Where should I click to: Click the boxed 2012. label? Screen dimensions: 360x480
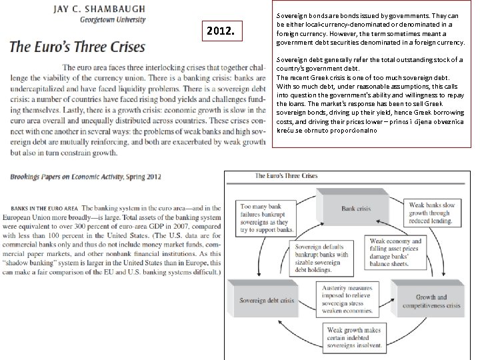point(220,31)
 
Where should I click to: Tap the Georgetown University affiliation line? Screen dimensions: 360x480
point(112,20)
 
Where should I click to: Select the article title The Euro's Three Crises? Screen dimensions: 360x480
point(77,47)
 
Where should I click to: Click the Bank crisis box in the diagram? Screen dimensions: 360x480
point(355,209)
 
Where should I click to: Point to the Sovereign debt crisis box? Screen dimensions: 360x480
point(267,301)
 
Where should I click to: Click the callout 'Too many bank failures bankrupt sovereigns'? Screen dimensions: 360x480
point(267,219)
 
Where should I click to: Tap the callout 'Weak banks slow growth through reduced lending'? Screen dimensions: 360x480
point(432,213)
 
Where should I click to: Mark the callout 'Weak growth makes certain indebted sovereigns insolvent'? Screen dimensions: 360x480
point(354,338)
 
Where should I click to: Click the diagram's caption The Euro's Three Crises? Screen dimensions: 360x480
point(287,176)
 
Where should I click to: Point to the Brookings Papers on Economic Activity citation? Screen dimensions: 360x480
point(85,177)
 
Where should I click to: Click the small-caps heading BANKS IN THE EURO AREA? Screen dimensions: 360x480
point(45,209)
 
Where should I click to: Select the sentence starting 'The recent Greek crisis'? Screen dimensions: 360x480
point(320,77)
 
